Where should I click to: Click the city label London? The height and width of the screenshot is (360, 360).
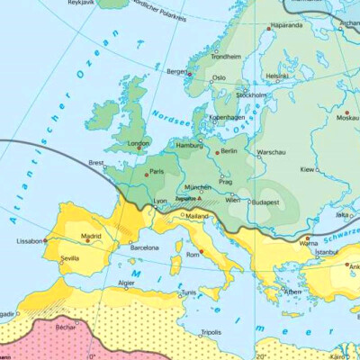(x=139, y=142)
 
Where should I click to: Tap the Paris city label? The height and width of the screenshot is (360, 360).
(x=157, y=171)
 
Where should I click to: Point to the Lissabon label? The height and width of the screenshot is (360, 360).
(x=30, y=241)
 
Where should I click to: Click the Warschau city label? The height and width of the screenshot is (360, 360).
(x=271, y=152)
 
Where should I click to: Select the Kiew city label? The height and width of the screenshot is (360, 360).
(x=308, y=168)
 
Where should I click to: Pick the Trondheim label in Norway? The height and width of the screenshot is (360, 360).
(x=226, y=56)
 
